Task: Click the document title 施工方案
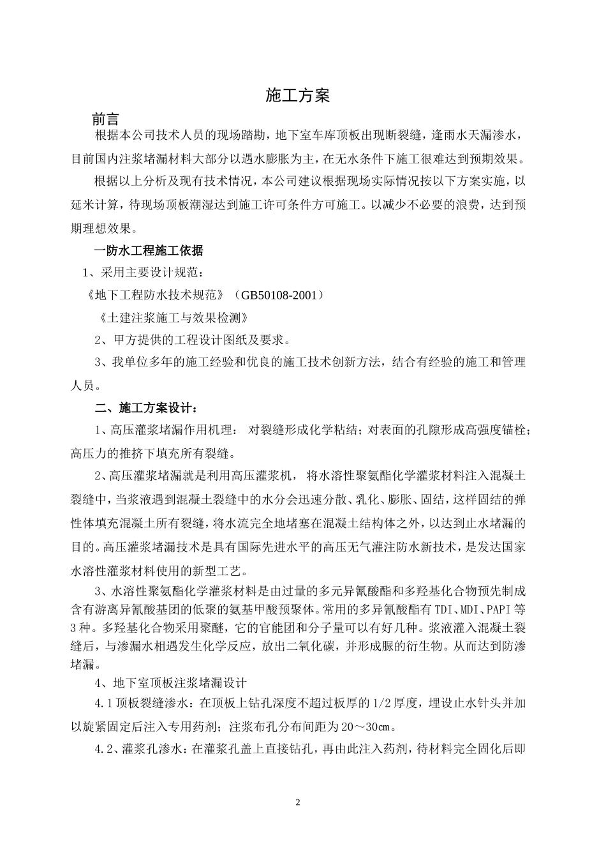click(297, 96)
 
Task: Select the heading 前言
click(105, 119)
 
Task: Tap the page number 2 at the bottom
click(297, 802)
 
